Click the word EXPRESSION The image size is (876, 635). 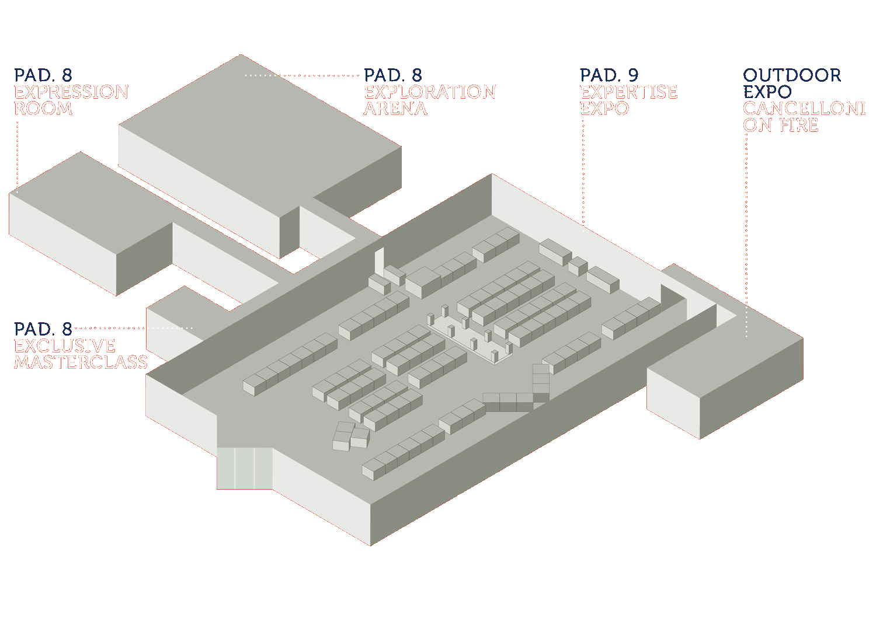71,92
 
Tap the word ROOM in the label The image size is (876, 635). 43,108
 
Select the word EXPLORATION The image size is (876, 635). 430,92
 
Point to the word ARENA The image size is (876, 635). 395,108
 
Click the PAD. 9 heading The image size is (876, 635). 609,75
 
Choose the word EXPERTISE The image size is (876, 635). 628,92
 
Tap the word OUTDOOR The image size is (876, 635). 791,75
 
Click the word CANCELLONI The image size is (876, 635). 804,108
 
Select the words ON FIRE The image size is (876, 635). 780,125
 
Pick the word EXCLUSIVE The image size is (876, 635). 64,346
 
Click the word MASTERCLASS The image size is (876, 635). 81,362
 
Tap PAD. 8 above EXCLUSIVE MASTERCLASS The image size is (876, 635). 43,329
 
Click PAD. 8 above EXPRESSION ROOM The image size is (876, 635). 43,75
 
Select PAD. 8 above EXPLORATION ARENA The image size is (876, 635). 392,75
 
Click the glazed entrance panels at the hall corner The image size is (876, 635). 245,468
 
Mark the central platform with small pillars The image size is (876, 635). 470,336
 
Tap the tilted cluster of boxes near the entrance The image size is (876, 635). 351,436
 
